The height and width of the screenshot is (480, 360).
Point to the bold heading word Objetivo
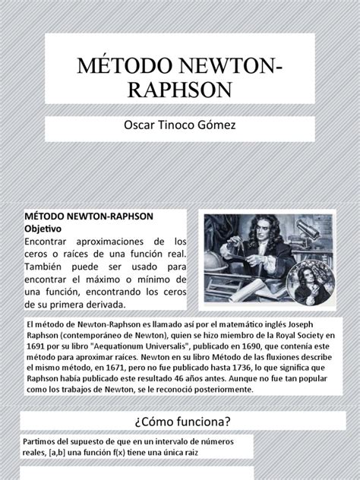(48, 228)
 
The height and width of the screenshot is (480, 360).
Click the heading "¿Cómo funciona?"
(180, 422)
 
